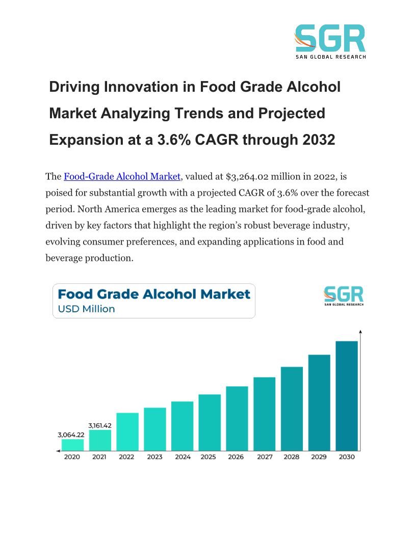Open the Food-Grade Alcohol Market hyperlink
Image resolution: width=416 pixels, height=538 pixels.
pos(122,176)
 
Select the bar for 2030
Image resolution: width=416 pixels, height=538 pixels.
pos(347,396)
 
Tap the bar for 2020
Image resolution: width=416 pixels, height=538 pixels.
pos(72,445)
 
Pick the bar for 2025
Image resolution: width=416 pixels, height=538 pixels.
pos(210,422)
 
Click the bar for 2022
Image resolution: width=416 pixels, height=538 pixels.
pos(127,432)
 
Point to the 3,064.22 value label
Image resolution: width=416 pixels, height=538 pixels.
pos(70,435)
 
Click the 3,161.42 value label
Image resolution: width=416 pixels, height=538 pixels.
pos(99,425)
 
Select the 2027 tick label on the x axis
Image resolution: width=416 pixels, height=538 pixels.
pos(265,457)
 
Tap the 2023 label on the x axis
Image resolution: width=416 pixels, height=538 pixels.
pos(154,457)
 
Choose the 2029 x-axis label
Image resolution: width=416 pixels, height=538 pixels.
pos(319,457)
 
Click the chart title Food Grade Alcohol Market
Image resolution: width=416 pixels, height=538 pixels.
pos(154,294)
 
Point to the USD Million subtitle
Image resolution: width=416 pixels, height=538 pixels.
pos(86,309)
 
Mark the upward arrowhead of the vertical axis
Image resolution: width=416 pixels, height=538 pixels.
pos(360,332)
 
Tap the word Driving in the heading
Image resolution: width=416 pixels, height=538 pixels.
pos(74,87)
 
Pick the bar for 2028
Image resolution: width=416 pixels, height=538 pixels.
pos(292,409)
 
